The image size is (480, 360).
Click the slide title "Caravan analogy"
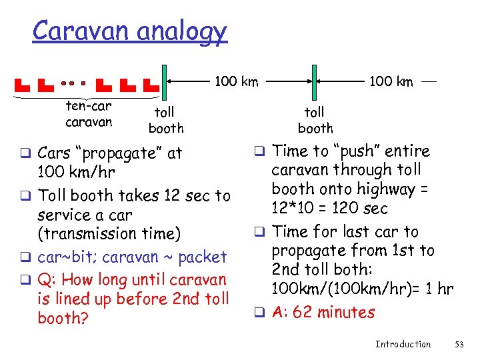(130, 31)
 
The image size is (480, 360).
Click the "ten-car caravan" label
(89, 114)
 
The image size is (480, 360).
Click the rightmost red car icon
(152, 85)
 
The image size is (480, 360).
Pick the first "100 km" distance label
(235, 82)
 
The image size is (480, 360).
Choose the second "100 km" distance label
(391, 82)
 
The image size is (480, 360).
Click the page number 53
(459, 344)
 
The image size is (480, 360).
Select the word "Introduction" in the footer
(403, 344)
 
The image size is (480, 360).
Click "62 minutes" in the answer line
(333, 311)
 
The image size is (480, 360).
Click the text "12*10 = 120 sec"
(330, 209)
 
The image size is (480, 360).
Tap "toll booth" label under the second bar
(315, 120)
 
